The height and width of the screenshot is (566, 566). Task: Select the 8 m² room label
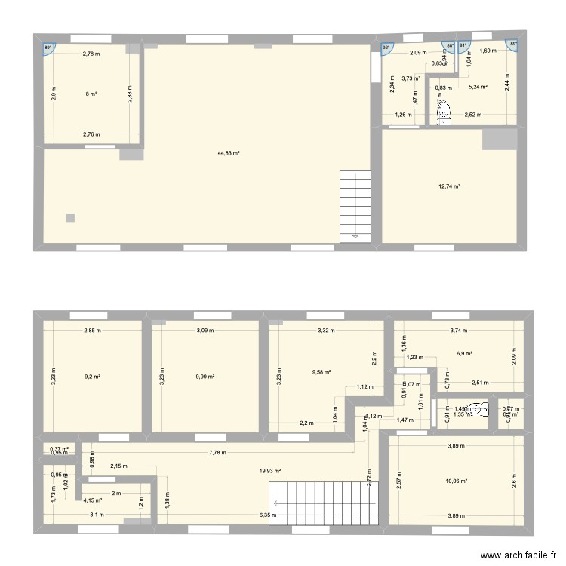pyautogui.click(x=91, y=94)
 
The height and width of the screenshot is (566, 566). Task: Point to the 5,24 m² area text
pyautogui.click(x=478, y=88)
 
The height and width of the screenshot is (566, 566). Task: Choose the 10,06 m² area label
pyautogui.click(x=457, y=481)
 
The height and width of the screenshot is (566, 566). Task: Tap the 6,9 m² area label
pyautogui.click(x=464, y=353)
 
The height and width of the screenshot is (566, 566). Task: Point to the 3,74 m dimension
pyautogui.click(x=459, y=330)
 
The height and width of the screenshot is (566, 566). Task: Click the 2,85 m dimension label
pyautogui.click(x=92, y=330)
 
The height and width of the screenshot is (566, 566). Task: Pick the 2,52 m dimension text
pyautogui.click(x=473, y=115)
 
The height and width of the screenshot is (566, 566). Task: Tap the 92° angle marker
pyautogui.click(x=386, y=48)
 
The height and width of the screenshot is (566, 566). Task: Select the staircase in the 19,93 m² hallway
pyautogui.click(x=324, y=503)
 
